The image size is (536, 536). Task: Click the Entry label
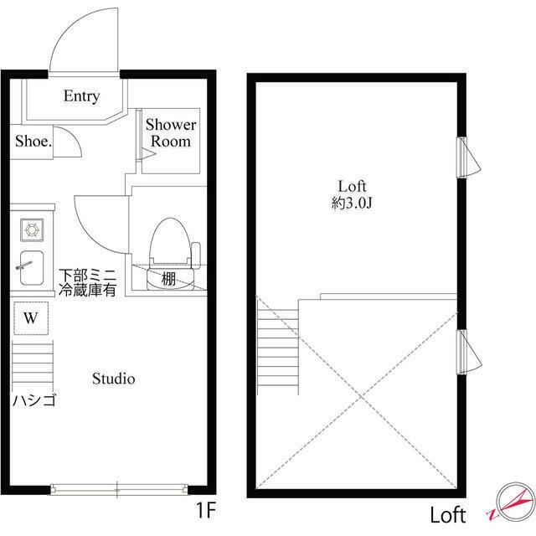[x=82, y=96]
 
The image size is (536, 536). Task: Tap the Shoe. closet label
[x=33, y=142]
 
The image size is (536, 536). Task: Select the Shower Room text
[x=171, y=133]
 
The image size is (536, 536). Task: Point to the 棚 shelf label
[x=169, y=279]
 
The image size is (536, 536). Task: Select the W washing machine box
[x=31, y=318]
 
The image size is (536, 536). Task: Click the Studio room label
[x=113, y=379]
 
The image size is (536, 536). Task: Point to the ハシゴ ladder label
[x=33, y=400]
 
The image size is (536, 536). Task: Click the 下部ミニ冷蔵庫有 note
[x=87, y=282]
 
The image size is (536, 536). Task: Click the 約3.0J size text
[x=353, y=203]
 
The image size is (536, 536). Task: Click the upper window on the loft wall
[x=466, y=157]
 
